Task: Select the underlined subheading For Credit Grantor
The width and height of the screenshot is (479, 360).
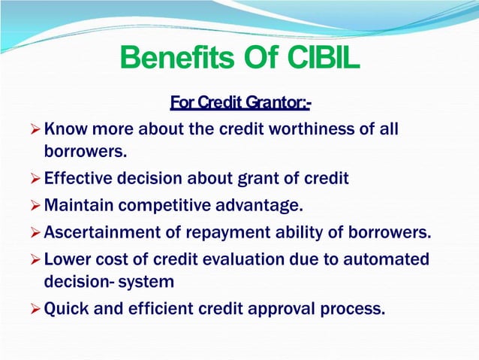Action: click(x=240, y=101)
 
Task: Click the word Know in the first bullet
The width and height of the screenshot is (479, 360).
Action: click(x=65, y=129)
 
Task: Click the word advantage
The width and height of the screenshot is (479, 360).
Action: click(x=255, y=204)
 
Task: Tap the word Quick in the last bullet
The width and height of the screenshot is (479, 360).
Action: click(x=67, y=307)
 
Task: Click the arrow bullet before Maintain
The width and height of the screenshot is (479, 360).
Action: click(x=35, y=204)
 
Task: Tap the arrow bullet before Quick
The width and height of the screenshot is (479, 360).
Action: click(x=35, y=307)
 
